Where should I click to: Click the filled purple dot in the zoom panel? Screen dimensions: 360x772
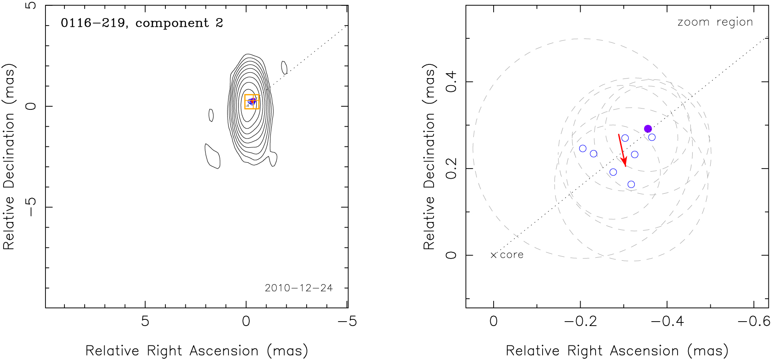[648, 129]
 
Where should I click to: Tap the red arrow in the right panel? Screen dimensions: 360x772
[622, 150]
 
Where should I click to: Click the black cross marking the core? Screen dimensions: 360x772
[494, 255]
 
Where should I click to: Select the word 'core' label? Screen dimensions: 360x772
[512, 255]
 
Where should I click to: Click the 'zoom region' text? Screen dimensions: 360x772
[715, 22]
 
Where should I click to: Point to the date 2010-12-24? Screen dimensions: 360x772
[299, 288]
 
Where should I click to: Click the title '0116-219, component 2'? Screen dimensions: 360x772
[142, 23]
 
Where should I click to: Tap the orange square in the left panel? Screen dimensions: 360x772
[252, 102]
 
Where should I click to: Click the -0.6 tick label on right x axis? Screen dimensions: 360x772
[753, 321]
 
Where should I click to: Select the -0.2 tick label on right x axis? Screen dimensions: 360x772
[580, 321]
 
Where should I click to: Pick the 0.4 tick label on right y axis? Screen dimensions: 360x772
[451, 82]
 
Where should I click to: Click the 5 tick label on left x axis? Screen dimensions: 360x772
[145, 321]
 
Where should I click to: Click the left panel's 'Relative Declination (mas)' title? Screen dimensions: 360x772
[9, 157]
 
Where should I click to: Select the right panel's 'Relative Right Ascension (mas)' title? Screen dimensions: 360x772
[617, 351]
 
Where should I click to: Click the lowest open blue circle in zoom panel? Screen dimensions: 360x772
[631, 184]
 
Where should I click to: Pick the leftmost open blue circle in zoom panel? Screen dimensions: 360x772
[583, 149]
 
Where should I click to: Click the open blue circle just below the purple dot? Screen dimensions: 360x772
[652, 137]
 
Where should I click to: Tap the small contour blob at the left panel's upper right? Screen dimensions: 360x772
[284, 67]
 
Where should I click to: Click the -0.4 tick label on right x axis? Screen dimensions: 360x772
[667, 321]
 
